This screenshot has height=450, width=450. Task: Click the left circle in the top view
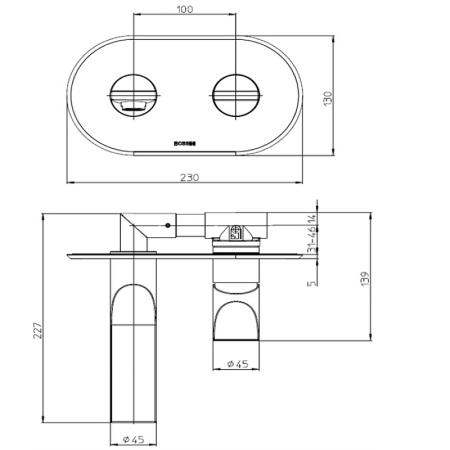pos(132,98)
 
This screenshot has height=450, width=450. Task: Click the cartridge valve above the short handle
pos(238,233)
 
